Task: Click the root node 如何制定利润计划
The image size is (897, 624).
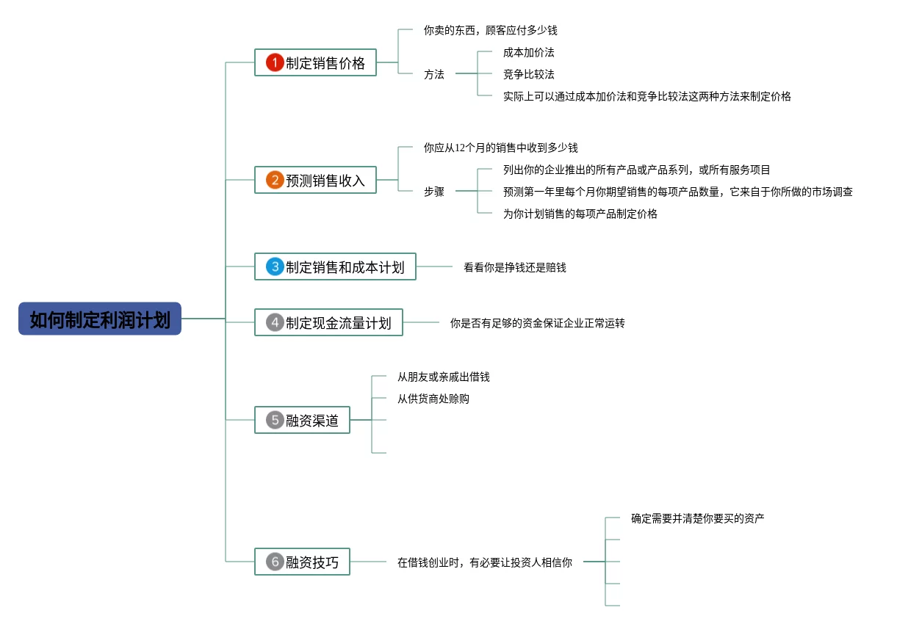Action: (100, 319)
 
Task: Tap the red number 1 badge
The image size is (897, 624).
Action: (275, 62)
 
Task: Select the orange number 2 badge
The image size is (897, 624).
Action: (275, 180)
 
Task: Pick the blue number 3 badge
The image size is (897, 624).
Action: (275, 266)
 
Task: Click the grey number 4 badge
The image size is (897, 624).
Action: (275, 322)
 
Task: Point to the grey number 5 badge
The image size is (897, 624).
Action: (275, 420)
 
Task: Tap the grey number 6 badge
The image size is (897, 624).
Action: (275, 562)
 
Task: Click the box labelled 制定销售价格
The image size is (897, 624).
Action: (316, 62)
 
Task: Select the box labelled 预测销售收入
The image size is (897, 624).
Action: (316, 180)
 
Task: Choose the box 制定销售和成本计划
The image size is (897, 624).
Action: (335, 266)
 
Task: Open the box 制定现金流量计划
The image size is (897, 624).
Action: (329, 322)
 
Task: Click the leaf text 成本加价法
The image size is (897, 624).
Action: (529, 52)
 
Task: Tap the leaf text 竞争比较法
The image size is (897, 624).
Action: (529, 74)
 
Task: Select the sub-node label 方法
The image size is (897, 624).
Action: (434, 74)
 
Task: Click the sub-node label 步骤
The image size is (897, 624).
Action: (434, 192)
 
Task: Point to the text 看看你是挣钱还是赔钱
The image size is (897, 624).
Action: (514, 267)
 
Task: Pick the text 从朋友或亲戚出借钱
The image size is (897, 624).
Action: (443, 377)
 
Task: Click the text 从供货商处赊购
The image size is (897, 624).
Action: (433, 399)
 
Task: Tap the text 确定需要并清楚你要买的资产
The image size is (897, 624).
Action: (698, 518)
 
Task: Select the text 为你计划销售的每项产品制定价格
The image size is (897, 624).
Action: (580, 214)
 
